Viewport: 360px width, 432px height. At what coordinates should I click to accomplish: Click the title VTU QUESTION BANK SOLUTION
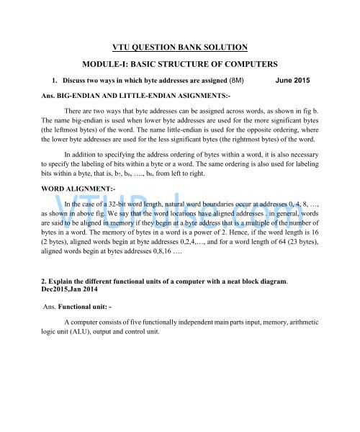180,48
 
